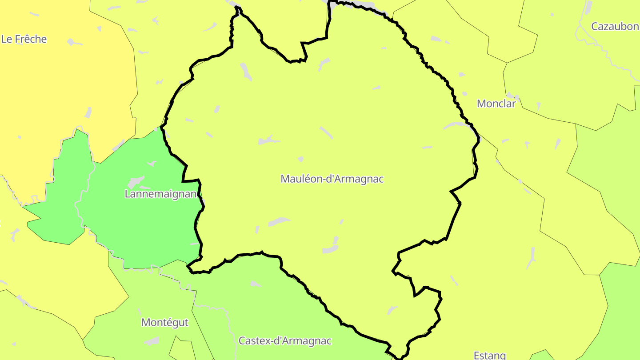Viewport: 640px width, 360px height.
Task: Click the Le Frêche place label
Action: (x=24, y=39)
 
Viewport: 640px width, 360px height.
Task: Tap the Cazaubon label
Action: (x=614, y=27)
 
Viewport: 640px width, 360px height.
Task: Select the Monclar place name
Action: (x=496, y=104)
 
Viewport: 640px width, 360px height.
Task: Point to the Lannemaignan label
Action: (x=160, y=194)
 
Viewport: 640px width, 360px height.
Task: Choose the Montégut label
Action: (x=165, y=322)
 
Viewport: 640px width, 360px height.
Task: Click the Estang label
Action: (x=490, y=355)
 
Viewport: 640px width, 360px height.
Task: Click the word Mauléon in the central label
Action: (x=300, y=179)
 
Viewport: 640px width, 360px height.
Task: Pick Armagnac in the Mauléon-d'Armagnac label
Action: (x=360, y=179)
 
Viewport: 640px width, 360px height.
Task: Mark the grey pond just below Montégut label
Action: (x=152, y=340)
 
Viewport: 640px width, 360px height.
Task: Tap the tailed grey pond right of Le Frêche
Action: (x=74, y=43)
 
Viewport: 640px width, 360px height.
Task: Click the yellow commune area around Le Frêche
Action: (x=53, y=89)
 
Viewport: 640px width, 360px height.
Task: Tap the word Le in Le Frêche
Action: (x=6, y=39)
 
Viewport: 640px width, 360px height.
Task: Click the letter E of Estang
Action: (x=476, y=355)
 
